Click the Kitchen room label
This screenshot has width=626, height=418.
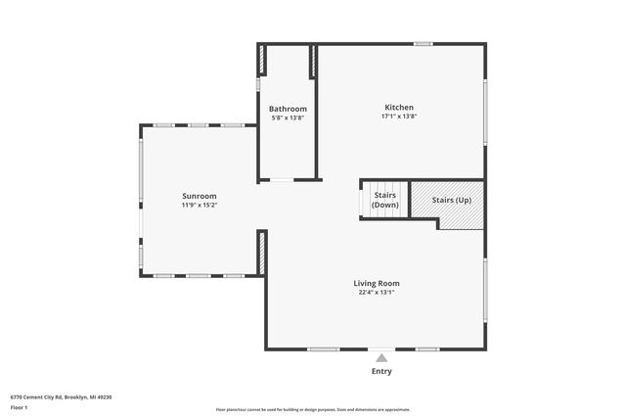click(399, 107)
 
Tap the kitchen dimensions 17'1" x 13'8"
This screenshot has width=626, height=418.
click(399, 116)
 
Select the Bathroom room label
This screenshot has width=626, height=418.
click(289, 109)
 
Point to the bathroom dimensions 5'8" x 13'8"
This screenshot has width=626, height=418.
click(289, 118)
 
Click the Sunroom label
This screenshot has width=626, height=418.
click(199, 196)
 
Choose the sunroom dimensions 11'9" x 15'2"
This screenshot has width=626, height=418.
click(199, 206)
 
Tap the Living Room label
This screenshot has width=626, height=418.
click(377, 284)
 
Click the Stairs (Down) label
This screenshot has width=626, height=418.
click(385, 201)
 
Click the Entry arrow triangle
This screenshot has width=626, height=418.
click(381, 358)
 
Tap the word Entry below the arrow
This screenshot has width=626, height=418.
click(381, 372)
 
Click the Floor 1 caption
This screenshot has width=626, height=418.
click(19, 407)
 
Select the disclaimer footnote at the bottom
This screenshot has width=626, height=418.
click(312, 409)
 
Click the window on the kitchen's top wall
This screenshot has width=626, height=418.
click(423, 43)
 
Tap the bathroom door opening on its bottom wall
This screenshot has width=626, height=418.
click(282, 180)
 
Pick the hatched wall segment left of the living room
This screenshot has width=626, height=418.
click(262, 253)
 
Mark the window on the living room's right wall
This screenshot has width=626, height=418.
click(485, 290)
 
